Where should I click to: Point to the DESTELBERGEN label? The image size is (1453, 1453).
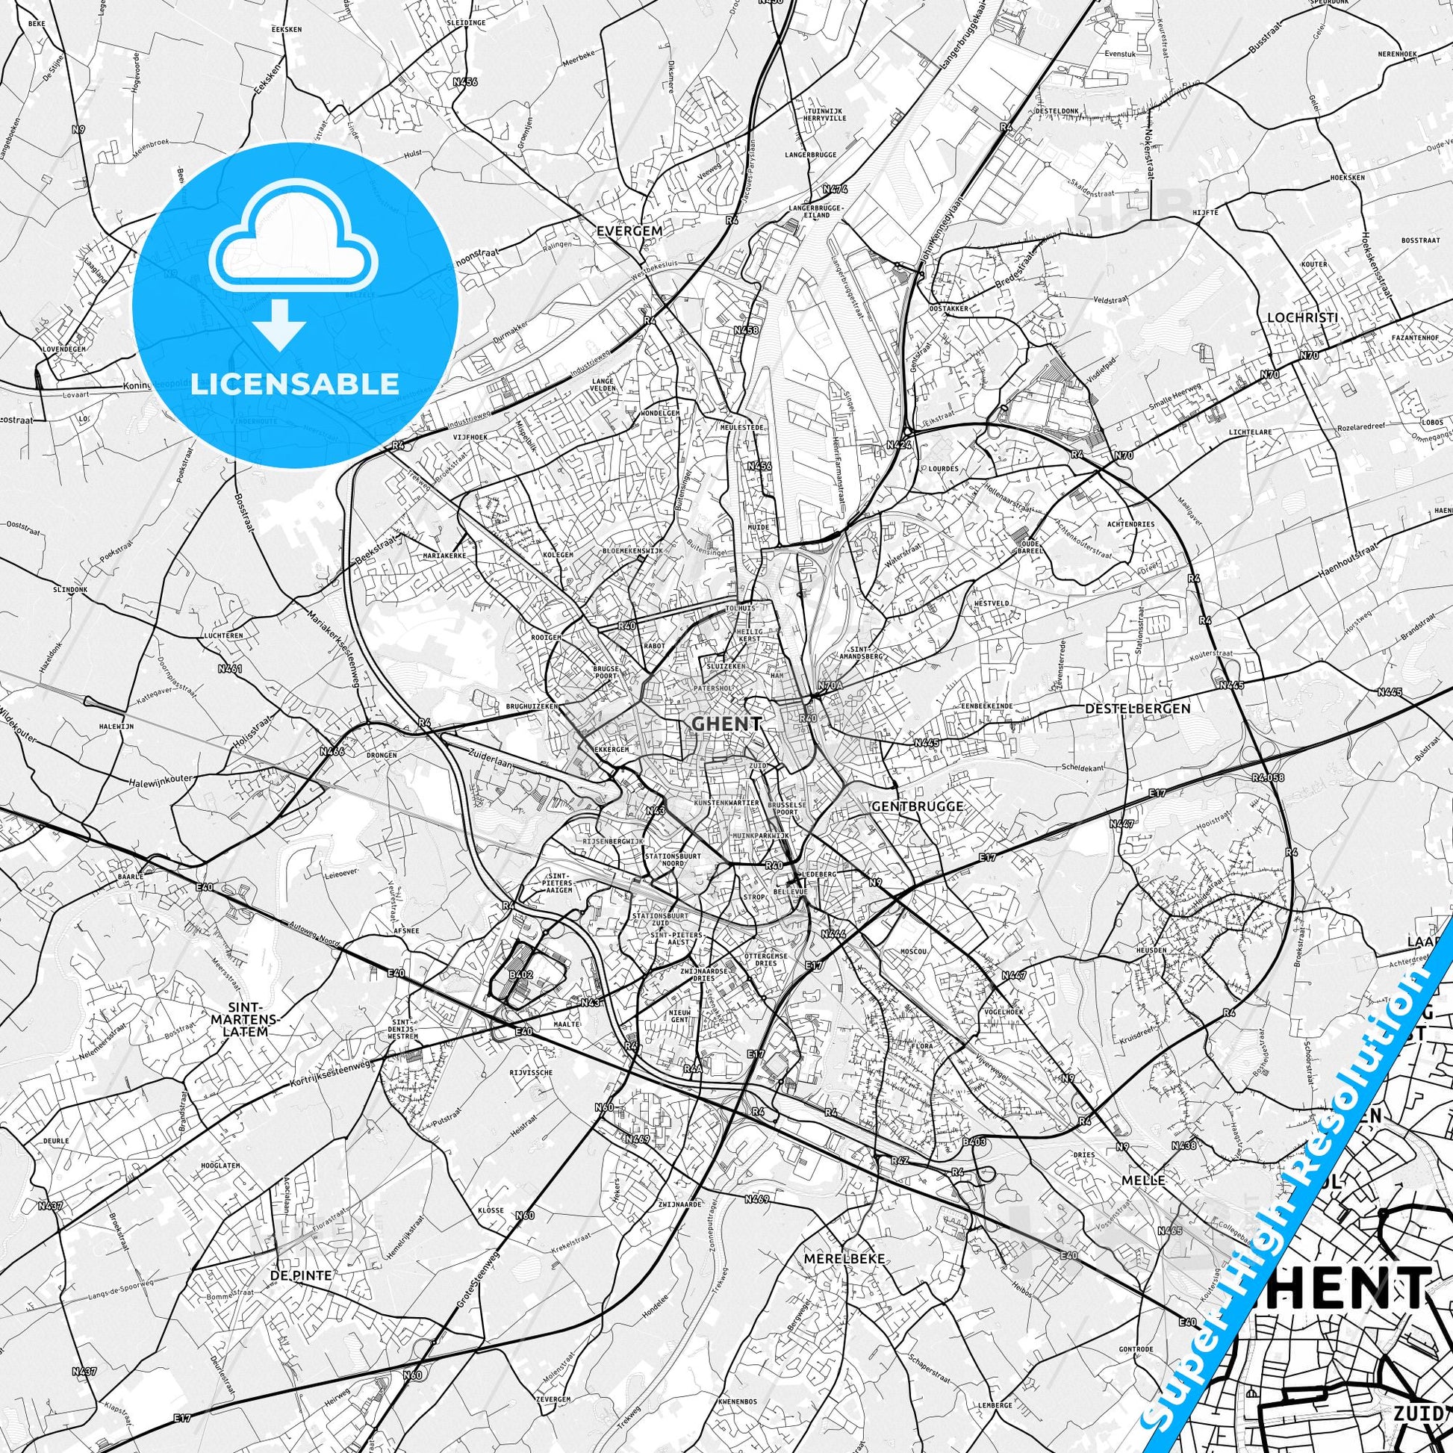click(x=1138, y=709)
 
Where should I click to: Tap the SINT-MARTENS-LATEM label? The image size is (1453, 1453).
click(x=246, y=1020)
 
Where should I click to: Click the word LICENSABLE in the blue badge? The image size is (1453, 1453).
click(x=295, y=384)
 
